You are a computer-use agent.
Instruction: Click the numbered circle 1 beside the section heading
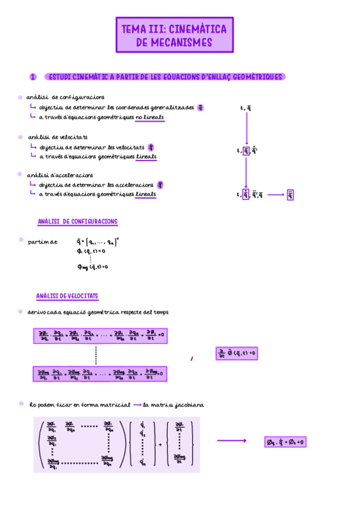tap(32, 77)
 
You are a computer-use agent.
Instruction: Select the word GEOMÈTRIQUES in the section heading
tap(255, 77)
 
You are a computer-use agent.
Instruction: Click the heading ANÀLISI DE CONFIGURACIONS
tap(78, 222)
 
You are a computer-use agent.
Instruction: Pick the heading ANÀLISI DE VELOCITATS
tap(67, 296)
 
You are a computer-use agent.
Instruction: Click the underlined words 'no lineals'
tap(150, 118)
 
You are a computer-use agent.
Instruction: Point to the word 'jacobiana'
tap(187, 405)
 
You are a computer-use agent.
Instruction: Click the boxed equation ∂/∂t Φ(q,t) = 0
tap(236, 354)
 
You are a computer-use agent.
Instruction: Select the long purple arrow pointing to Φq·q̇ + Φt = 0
tap(232, 441)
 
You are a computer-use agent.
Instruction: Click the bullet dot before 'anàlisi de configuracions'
tap(20, 97)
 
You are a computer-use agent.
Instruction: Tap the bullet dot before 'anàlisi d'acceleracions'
tap(20, 174)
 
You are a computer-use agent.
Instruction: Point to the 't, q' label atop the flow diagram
tap(246, 108)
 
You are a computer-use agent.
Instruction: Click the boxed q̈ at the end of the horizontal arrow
tap(290, 195)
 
